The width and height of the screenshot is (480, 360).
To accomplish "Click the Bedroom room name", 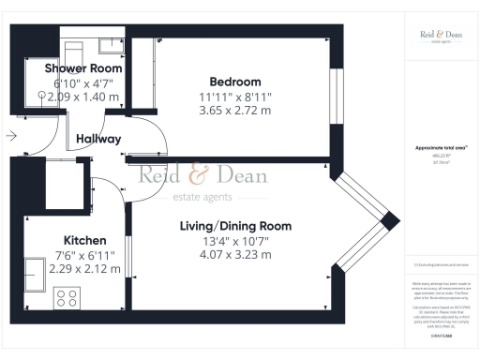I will [235, 82].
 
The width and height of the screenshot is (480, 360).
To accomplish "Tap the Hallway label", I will [98, 139].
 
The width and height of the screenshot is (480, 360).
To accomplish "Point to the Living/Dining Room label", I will [235, 226].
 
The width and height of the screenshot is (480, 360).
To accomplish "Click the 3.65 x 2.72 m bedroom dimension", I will [235, 110].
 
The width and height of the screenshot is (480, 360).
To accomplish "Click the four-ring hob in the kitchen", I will [67, 299].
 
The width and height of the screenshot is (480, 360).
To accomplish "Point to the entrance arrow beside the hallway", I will [11, 136].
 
